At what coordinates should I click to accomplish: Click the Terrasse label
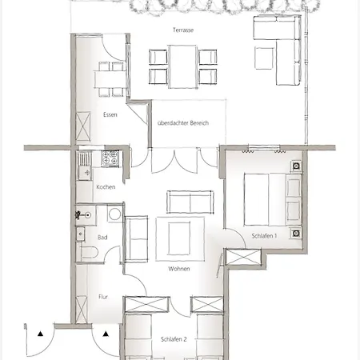[x=183, y=30]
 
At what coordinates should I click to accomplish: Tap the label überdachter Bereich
[x=183, y=123]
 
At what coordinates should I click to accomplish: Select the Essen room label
[x=110, y=114]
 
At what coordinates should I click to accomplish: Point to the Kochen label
[x=106, y=187]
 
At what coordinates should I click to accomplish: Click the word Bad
[x=102, y=237]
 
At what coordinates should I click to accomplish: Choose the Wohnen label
[x=179, y=269]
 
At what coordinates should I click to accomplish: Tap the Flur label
[x=103, y=297]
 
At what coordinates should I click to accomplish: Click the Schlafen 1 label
[x=264, y=236]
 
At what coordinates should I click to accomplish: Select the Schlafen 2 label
[x=174, y=339]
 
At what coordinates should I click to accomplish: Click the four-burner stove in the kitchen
[x=110, y=159]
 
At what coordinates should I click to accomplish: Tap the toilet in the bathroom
[x=89, y=253]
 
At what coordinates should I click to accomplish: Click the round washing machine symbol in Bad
[x=114, y=214]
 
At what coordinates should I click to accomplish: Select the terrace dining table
[x=183, y=66]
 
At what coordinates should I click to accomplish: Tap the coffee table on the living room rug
[x=179, y=239]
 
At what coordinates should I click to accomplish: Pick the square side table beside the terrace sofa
[x=264, y=58]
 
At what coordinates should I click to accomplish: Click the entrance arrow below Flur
[x=106, y=334]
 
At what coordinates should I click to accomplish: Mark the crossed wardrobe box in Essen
[x=83, y=126]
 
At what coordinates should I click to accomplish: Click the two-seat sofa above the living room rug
[x=190, y=202]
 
